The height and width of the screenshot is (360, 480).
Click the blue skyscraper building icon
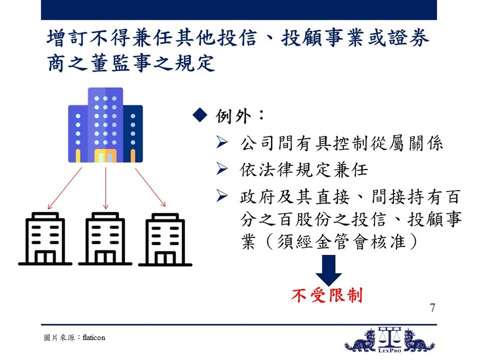pyautogui.click(x=106, y=125)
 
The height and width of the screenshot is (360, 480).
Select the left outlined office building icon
pyautogui.click(x=45, y=238)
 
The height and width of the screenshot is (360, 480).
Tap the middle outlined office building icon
pyautogui.click(x=106, y=238)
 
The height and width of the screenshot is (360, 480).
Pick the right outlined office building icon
pyautogui.click(x=165, y=239)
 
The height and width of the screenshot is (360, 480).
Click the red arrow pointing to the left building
pyautogui.click(x=65, y=188)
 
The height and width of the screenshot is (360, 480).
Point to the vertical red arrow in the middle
pyautogui.click(x=106, y=188)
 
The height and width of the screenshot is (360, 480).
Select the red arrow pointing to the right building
pyautogui.click(x=150, y=188)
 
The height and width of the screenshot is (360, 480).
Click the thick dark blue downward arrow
pyautogui.click(x=329, y=270)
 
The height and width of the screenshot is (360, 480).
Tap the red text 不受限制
pyautogui.click(x=327, y=296)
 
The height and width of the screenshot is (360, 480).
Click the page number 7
pyautogui.click(x=432, y=308)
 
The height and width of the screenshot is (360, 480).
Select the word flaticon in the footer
pyautogui.click(x=93, y=337)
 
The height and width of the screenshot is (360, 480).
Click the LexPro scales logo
pyautogui.click(x=390, y=340)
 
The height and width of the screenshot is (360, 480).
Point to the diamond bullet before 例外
pyautogui.click(x=200, y=115)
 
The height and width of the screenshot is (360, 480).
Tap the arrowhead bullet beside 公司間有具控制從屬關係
pyautogui.click(x=222, y=142)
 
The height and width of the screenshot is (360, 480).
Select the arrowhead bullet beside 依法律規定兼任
pyautogui.click(x=222, y=168)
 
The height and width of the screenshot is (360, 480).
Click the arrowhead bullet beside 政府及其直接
pyautogui.click(x=222, y=196)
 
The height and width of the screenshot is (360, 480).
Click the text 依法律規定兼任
pyautogui.click(x=304, y=169)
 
